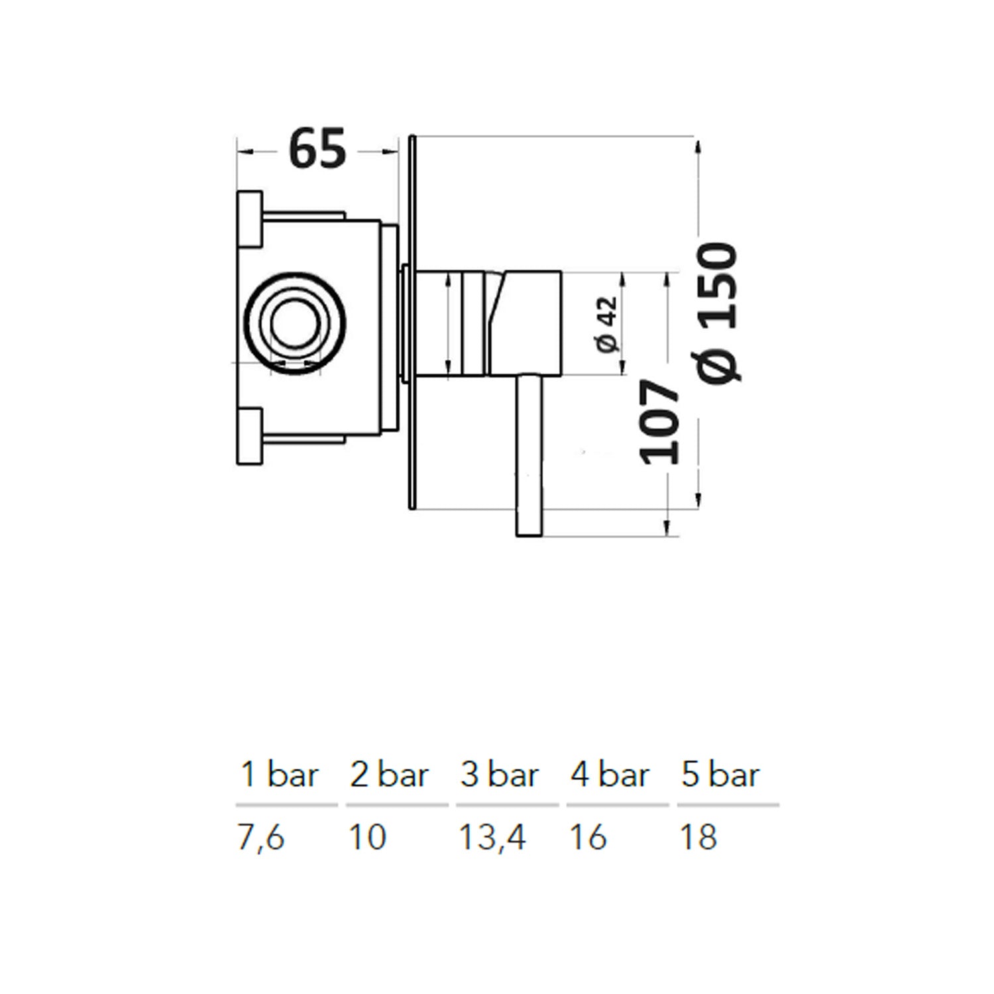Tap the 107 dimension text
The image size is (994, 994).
click(x=660, y=421)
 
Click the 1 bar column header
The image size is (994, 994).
click(x=280, y=775)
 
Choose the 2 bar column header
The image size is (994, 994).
click(x=390, y=775)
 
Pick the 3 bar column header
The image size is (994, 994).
click(x=500, y=775)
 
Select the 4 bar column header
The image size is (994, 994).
click(x=610, y=775)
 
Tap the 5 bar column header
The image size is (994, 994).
click(x=720, y=775)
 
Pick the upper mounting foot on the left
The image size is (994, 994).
click(x=250, y=218)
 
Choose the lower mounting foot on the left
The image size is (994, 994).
click(x=250, y=437)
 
